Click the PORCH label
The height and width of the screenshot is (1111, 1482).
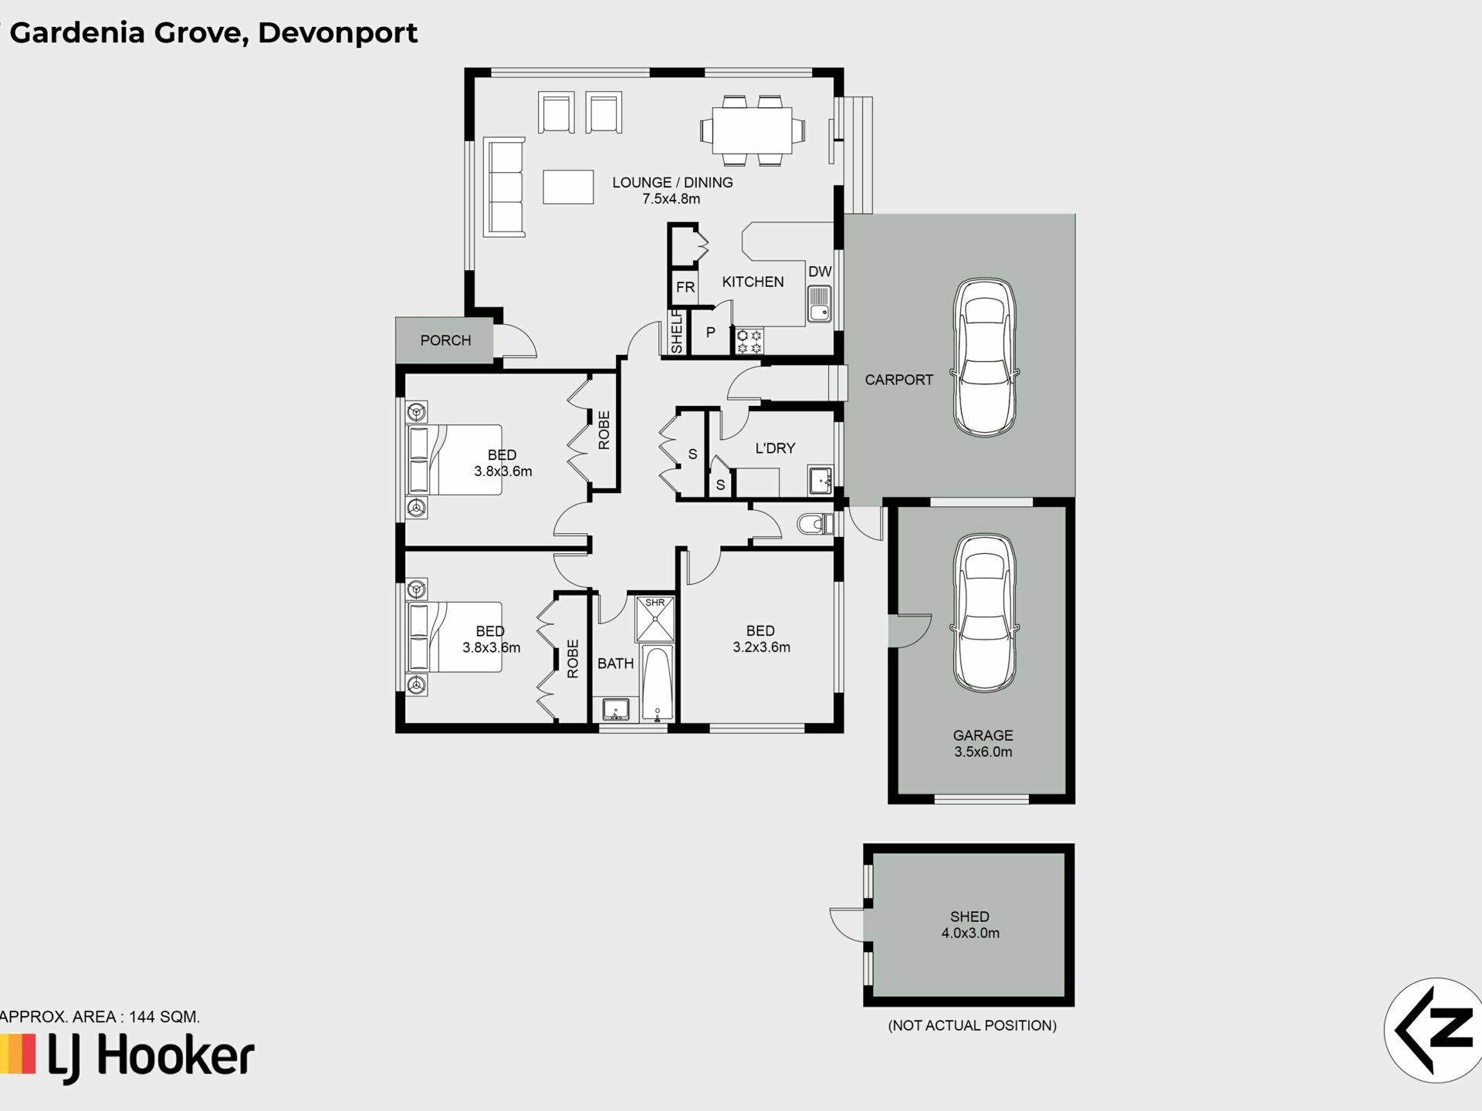[445, 340]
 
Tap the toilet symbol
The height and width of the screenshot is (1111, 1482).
[815, 525]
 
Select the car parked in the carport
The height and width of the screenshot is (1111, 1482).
[984, 358]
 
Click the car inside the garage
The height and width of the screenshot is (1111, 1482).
[984, 612]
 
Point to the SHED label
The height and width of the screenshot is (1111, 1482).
[969, 917]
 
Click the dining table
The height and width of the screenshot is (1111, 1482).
[752, 130]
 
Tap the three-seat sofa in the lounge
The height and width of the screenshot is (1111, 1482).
[504, 187]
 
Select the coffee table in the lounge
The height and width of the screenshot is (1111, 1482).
[568, 187]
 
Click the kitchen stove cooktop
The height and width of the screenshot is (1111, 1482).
[749, 342]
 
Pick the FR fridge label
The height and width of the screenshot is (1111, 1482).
[685, 288]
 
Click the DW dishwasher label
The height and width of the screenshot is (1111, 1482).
[820, 272]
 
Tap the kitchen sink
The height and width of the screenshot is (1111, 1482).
[819, 303]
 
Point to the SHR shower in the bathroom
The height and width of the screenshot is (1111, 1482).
[655, 618]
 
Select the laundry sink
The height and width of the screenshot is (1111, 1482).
[821, 480]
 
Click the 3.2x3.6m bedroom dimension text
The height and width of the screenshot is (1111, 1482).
[761, 647]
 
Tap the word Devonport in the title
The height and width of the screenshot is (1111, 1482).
[337, 33]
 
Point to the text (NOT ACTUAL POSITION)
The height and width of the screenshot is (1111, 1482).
[972, 1025]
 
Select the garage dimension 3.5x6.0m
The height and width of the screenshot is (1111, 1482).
[983, 751]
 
